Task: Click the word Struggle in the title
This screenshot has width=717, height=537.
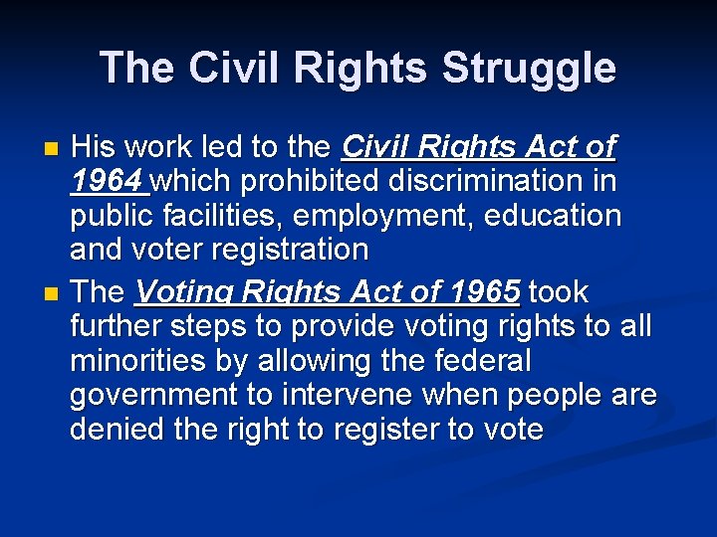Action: point(529,69)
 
